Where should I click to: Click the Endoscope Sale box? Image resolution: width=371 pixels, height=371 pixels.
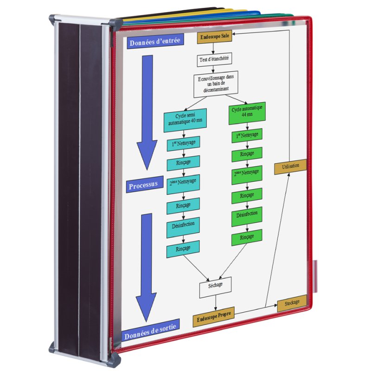(215, 37)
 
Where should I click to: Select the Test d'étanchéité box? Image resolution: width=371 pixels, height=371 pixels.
(214, 59)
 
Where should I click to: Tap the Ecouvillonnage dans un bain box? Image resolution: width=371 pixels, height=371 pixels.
(216, 84)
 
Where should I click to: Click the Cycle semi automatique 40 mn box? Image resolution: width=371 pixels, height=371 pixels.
(185, 120)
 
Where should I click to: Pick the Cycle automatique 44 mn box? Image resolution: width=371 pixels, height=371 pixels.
(247, 113)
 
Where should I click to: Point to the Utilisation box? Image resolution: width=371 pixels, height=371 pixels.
(291, 166)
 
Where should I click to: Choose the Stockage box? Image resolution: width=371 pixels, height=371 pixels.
(292, 303)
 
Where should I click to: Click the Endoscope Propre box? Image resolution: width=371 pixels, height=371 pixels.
(213, 317)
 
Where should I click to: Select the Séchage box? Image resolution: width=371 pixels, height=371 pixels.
(215, 287)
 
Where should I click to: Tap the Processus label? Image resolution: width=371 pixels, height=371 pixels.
(144, 184)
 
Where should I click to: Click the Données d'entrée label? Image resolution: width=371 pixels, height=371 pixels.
(155, 42)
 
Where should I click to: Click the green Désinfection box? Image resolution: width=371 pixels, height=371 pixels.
(247, 216)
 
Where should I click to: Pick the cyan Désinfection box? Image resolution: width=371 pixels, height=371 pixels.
(183, 226)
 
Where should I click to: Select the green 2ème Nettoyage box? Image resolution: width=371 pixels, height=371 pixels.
(247, 175)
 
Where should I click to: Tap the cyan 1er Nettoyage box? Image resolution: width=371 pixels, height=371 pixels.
(183, 143)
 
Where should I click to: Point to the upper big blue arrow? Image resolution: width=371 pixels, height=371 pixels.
(147, 112)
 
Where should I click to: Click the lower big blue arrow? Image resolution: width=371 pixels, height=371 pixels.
(146, 268)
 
